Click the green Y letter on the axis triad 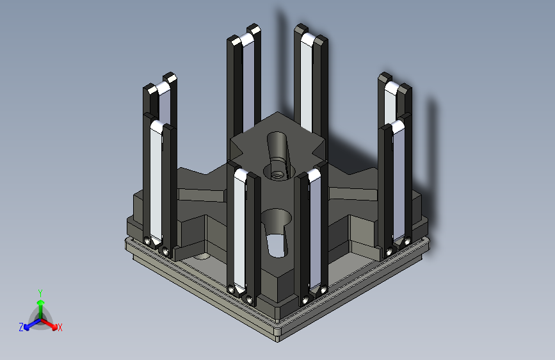click(x=40, y=291)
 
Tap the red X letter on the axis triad click(x=60, y=328)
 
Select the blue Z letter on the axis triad click(x=21, y=327)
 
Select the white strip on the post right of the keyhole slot click(x=314, y=231)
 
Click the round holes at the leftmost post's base click(x=157, y=246)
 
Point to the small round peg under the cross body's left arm click(x=201, y=256)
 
